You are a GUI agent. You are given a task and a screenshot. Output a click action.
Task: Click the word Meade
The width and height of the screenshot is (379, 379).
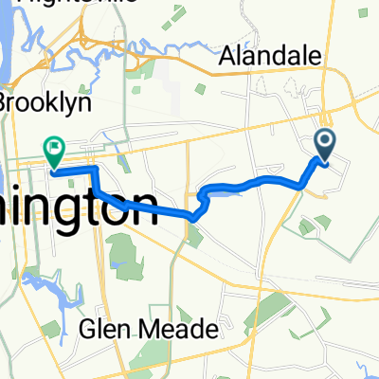point(186,329)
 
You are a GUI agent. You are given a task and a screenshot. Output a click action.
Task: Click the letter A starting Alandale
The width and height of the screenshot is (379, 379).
point(226,58)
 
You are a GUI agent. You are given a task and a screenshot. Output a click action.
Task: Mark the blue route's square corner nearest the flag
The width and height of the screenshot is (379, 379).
point(95,169)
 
